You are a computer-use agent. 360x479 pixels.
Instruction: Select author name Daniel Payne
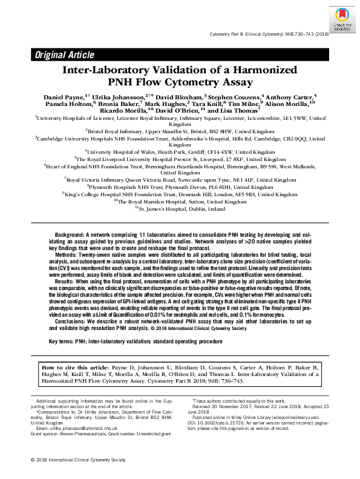pyautogui.click(x=63, y=97)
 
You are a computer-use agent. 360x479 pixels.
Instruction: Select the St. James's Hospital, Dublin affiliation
pyautogui.click(x=180, y=208)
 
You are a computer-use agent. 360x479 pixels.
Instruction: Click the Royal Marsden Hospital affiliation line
pyautogui.click(x=180, y=201)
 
